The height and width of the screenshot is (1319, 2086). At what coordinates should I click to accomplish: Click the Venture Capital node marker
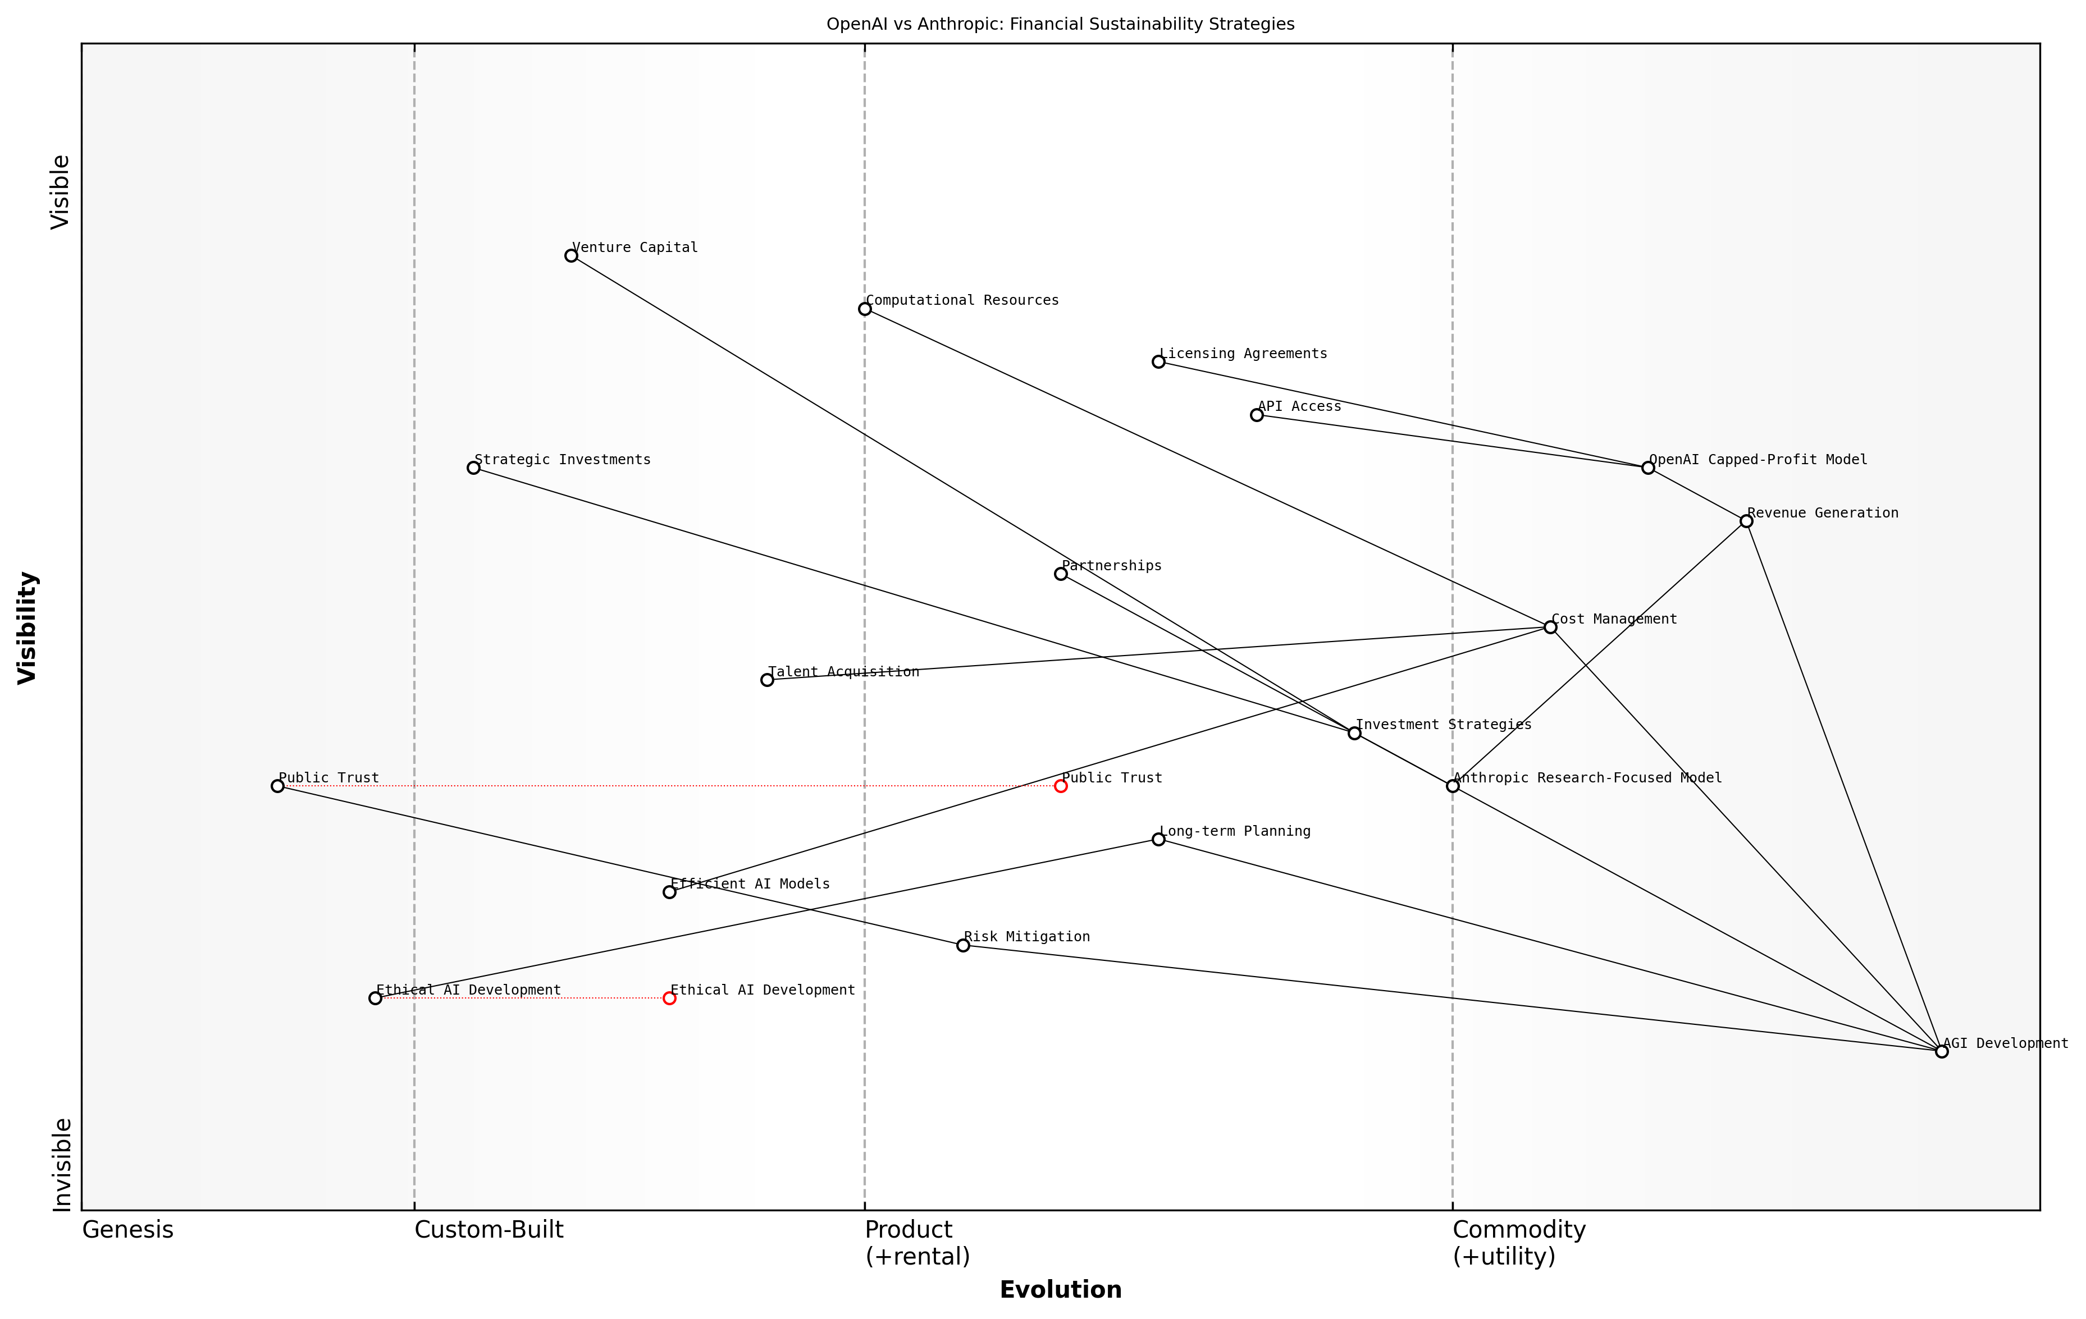point(571,255)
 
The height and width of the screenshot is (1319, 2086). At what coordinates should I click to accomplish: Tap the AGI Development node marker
point(1941,1051)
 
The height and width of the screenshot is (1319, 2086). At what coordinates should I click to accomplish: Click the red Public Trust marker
point(1060,786)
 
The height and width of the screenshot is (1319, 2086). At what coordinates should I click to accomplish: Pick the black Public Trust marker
point(277,786)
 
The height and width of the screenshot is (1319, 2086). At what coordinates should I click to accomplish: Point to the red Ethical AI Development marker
point(669,999)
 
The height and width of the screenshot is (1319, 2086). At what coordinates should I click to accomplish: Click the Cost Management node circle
point(1551,627)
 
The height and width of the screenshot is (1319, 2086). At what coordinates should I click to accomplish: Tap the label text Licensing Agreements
point(1243,354)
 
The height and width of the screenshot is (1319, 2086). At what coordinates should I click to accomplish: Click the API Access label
point(1299,406)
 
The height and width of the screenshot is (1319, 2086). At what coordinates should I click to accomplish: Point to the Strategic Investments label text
point(562,460)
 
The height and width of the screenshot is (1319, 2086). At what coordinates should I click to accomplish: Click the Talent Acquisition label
point(843,672)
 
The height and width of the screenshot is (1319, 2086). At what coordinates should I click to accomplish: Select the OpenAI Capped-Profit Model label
point(1758,460)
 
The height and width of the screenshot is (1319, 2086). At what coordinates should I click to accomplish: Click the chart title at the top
point(1060,24)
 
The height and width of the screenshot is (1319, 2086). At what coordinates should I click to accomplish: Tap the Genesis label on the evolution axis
point(127,1230)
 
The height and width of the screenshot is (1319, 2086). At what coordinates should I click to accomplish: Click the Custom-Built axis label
point(489,1230)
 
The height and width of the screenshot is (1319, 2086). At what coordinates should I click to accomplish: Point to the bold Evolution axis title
point(1060,1290)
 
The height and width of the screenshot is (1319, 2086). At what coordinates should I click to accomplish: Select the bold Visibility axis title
point(28,627)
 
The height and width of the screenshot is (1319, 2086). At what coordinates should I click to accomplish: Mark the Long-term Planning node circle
point(1158,839)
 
